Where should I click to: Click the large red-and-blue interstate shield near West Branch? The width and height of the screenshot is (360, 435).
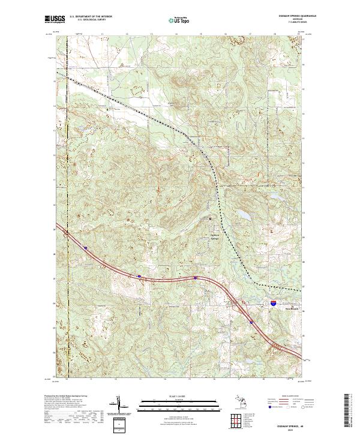click(273, 305)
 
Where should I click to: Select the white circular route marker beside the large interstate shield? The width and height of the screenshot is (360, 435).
click(265, 304)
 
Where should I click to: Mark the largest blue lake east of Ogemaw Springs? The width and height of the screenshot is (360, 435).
click(244, 214)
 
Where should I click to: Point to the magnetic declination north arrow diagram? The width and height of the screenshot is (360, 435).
click(123, 406)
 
